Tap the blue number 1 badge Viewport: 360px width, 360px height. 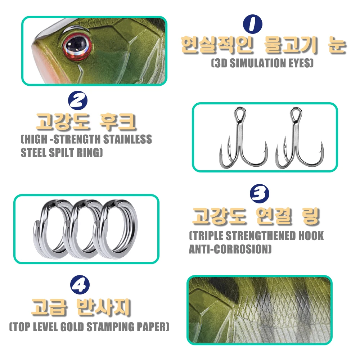coord(253,24)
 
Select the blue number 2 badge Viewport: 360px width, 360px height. coord(78,100)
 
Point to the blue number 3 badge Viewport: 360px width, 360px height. coord(260,193)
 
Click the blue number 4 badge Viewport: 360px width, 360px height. coord(80,285)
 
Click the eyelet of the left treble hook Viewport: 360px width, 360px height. coord(240,114)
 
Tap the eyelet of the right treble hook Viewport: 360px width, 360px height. coord(296,114)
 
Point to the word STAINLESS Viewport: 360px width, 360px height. coord(127,139)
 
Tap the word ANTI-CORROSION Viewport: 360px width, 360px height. coord(230,249)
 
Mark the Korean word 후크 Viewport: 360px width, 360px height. coord(118,121)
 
